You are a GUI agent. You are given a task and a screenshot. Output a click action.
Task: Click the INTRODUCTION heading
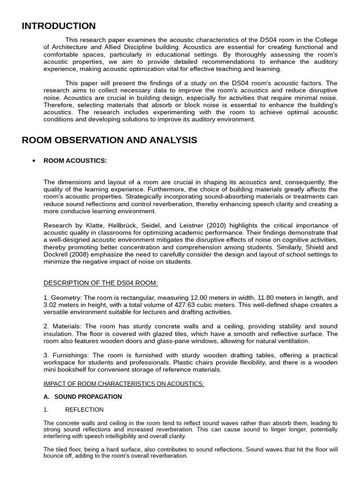click(x=59, y=26)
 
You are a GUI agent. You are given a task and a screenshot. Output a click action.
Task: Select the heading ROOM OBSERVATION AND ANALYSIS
click(x=109, y=140)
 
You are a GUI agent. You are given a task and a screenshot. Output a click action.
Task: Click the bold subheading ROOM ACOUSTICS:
click(x=75, y=161)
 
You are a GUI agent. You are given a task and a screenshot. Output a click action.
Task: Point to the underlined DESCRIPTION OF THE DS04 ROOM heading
click(x=101, y=283)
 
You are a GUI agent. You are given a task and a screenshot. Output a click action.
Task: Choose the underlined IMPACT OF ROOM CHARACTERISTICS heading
click(x=124, y=383)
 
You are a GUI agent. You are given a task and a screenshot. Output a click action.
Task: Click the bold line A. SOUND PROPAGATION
click(x=82, y=397)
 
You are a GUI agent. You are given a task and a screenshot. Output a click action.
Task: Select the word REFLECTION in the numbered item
click(x=84, y=410)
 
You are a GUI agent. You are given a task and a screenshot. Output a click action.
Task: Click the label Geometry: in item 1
click(x=66, y=298)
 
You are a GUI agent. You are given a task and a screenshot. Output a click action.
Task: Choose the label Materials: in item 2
click(x=66, y=326)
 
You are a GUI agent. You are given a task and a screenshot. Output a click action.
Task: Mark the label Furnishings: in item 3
click(x=70, y=355)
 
